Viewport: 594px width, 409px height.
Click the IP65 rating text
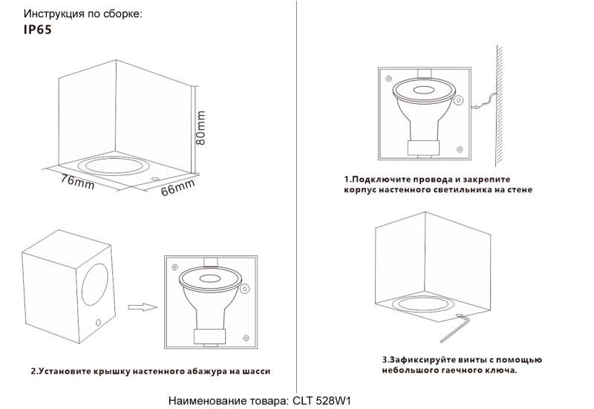pyautogui.click(x=38, y=31)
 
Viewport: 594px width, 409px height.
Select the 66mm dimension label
pyautogui.click(x=177, y=188)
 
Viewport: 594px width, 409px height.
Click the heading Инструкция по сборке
pyautogui.click(x=73, y=14)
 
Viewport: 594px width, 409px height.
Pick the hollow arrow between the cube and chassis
pyautogui.click(x=140, y=306)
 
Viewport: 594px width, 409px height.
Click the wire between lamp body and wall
pyautogui.click(x=484, y=100)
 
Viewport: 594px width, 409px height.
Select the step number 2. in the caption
pyautogui.click(x=35, y=370)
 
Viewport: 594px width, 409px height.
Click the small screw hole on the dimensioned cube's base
pyautogui.click(x=154, y=179)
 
